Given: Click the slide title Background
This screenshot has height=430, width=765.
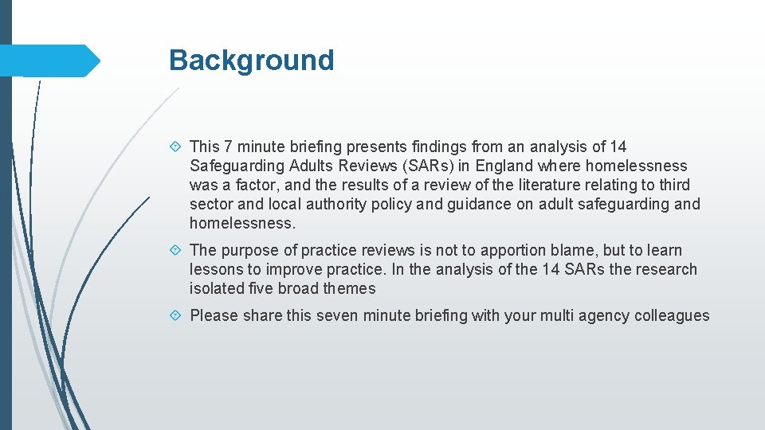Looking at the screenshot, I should click(x=251, y=61).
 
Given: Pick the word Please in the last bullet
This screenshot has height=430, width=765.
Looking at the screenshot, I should click(x=214, y=315).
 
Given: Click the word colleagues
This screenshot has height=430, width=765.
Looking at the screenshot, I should click(x=672, y=315).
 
